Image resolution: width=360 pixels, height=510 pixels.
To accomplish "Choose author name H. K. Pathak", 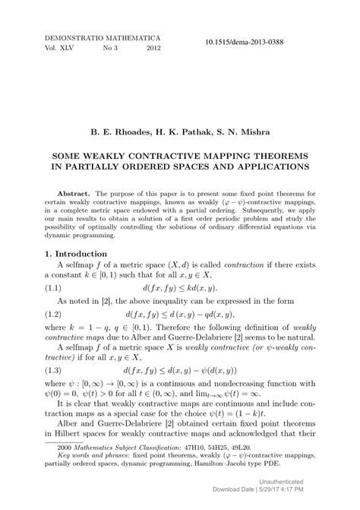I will pos(179,132).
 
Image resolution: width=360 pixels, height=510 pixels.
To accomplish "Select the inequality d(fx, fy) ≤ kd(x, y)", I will pos(179,288).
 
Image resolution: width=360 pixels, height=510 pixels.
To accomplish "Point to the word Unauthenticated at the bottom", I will pos(324,482).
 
